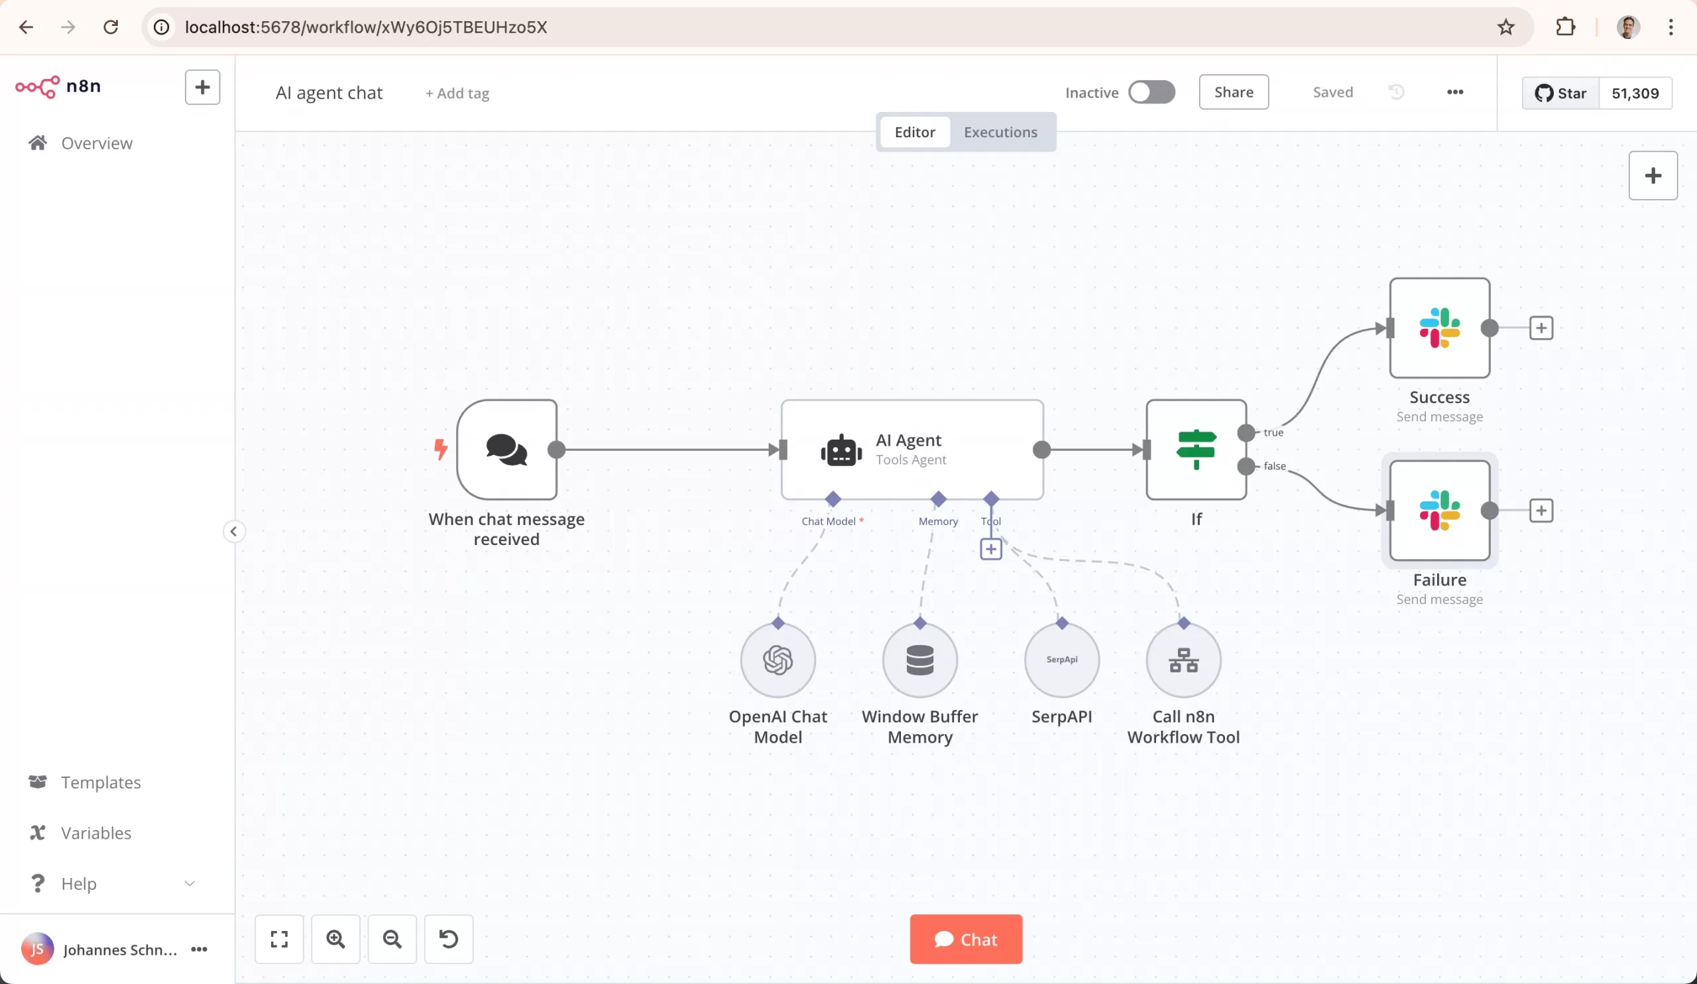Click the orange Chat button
[966, 939]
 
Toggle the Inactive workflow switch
[1151, 92]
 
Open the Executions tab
[1000, 132]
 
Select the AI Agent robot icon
[841, 451]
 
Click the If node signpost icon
[1196, 450]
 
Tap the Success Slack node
[1439, 328]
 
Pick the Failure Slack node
[1439, 511]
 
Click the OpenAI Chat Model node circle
[778, 660]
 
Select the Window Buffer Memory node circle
[920, 660]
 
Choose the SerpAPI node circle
[1061, 660]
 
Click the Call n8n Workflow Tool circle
[1183, 660]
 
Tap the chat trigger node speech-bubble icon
[506, 450]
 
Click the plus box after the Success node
[1541, 328]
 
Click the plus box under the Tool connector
[990, 549]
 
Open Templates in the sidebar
[100, 782]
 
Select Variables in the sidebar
[95, 832]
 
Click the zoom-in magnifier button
[335, 939]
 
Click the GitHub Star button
[1560, 93]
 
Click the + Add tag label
[457, 93]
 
